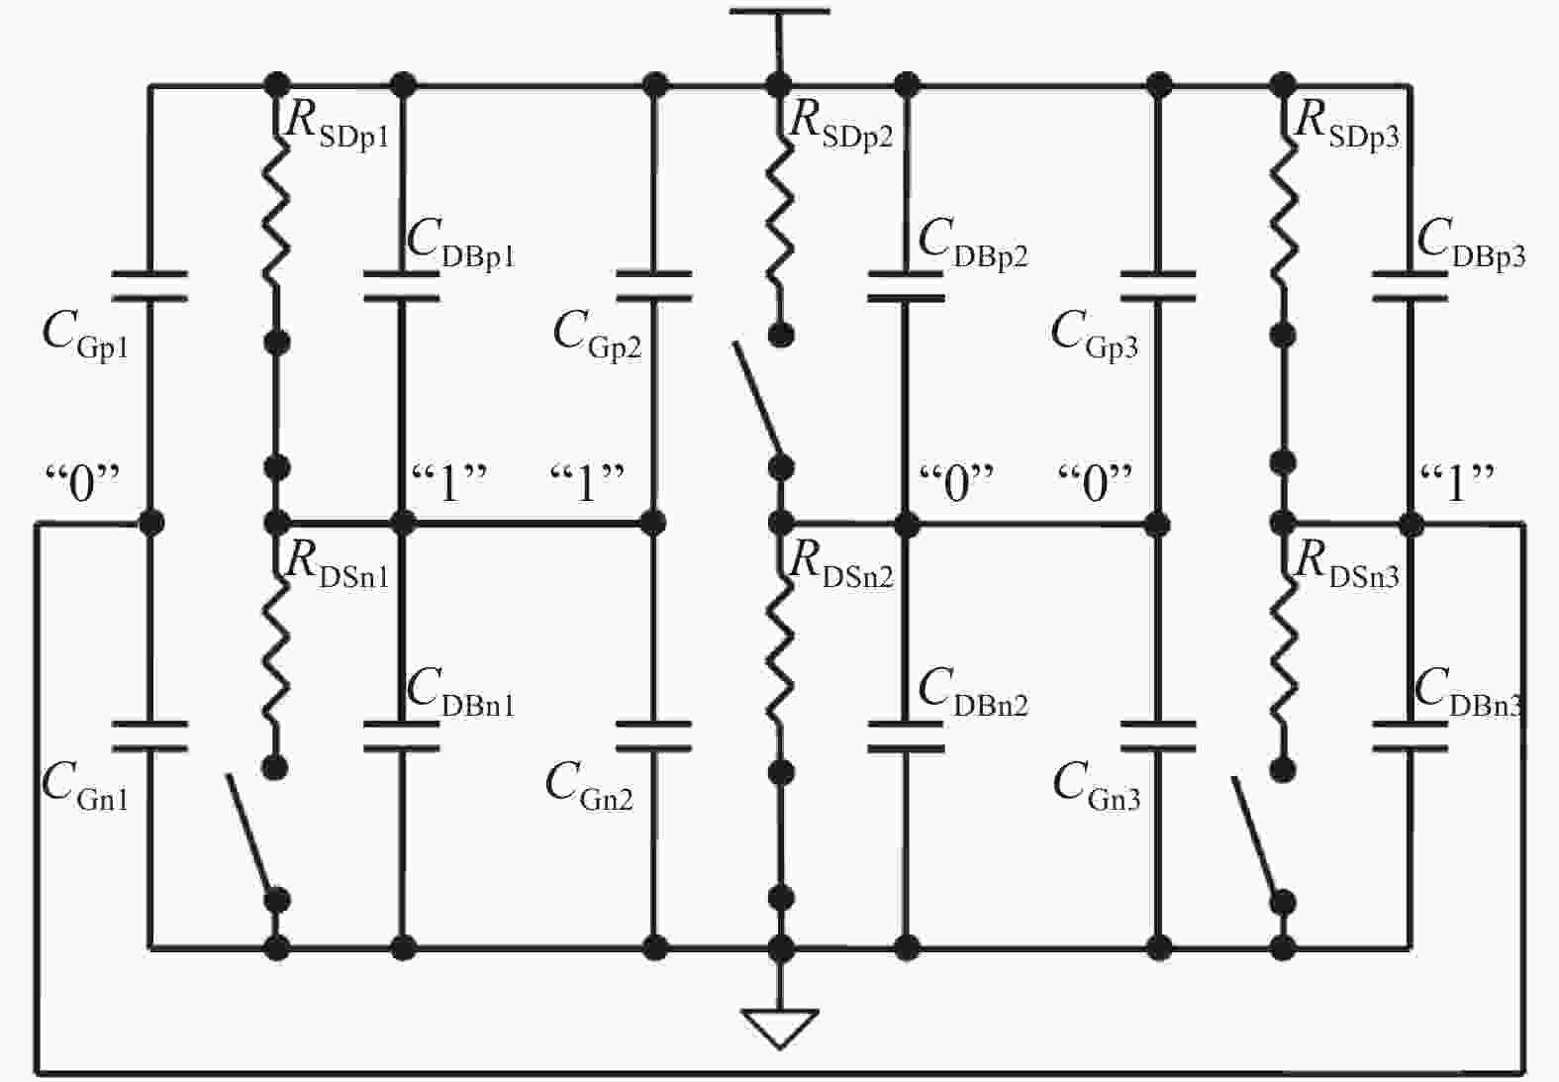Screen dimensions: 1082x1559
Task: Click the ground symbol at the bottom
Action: [x=781, y=1028]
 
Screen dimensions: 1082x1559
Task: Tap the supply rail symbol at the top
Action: [x=779, y=12]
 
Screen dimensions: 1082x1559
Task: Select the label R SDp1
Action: [x=338, y=126]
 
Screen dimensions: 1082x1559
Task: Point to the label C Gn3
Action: [x=1097, y=787]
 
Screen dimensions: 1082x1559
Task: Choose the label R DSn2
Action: [x=841, y=567]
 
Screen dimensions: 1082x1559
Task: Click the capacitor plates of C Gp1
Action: [x=149, y=286]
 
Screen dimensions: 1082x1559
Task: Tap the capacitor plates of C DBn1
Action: [x=402, y=737]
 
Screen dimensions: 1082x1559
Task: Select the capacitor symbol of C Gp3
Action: [x=1158, y=286]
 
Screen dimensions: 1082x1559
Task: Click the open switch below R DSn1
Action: [x=252, y=835]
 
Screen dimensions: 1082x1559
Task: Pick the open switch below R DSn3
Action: [x=1258, y=836]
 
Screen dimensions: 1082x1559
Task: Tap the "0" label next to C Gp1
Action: [x=83, y=484]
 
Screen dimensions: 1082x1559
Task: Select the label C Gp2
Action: [x=597, y=336]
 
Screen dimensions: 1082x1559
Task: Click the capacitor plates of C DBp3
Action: [x=1411, y=286]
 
